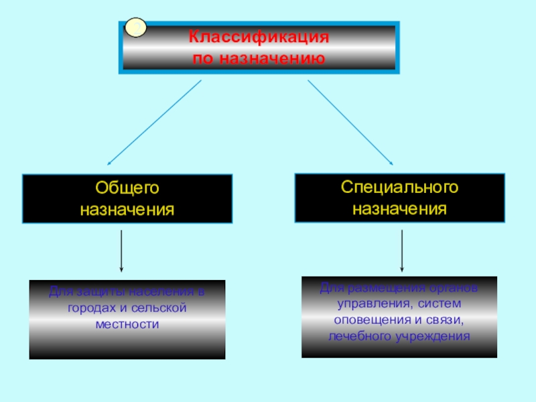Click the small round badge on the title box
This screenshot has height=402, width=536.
(x=136, y=28)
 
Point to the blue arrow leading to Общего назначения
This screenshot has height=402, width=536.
(x=154, y=123)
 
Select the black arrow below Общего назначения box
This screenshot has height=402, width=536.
(x=121, y=251)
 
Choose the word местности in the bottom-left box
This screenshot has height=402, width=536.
(x=127, y=324)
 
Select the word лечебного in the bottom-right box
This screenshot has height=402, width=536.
(x=358, y=336)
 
